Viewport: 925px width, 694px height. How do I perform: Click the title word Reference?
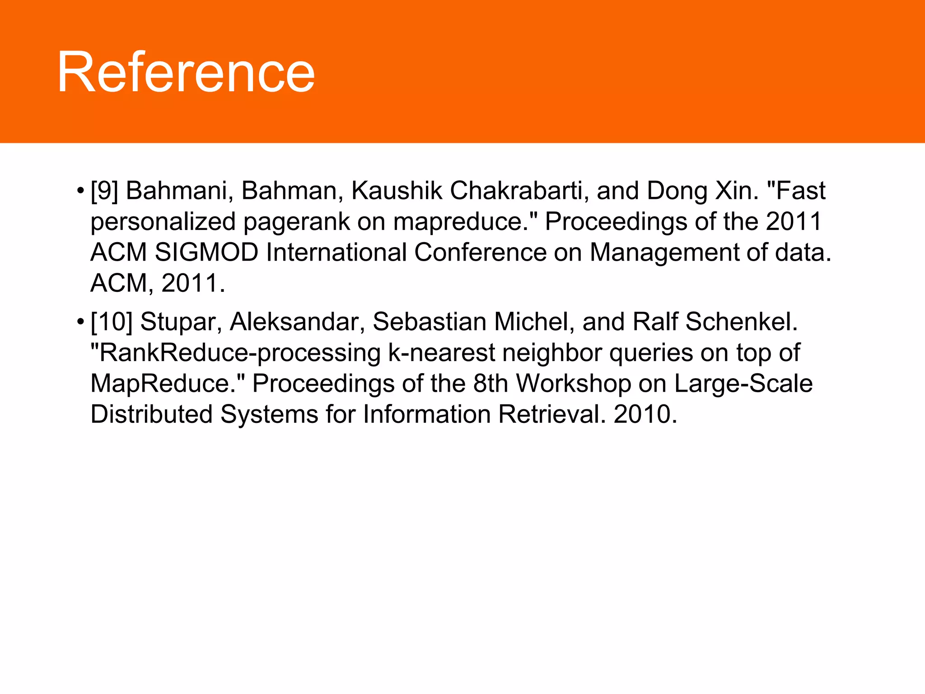[186, 72]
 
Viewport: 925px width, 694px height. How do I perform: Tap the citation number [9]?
[104, 191]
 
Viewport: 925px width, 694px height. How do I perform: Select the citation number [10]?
[112, 322]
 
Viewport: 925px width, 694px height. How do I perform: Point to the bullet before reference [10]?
[80, 322]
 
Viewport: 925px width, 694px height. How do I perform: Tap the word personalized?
[163, 222]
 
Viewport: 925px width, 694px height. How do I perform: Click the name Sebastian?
[430, 322]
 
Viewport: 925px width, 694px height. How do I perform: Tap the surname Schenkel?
[741, 322]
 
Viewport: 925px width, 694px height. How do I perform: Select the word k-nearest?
[441, 353]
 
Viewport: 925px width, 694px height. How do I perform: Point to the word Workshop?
[573, 384]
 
